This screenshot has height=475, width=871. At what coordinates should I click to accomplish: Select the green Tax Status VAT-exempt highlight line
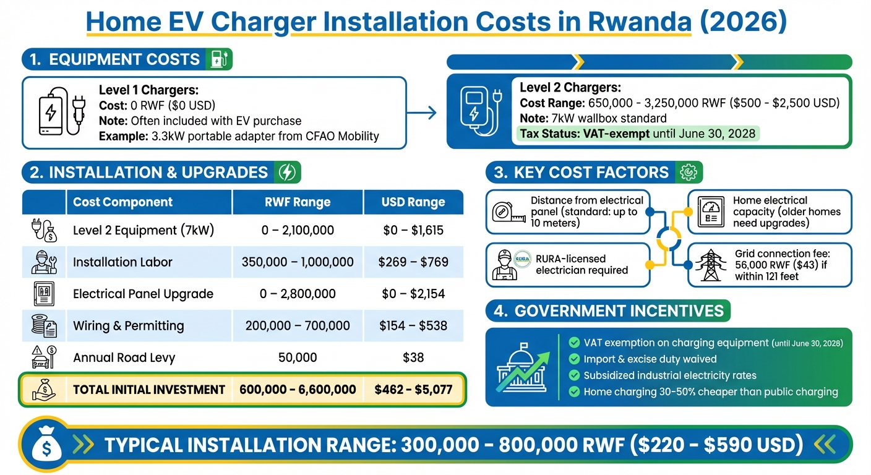[x=637, y=134]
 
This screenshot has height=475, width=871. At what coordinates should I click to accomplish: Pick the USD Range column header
[x=413, y=202]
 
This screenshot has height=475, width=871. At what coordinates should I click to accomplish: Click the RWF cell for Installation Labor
[x=298, y=262]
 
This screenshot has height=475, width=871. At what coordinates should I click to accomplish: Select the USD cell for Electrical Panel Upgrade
[x=413, y=294]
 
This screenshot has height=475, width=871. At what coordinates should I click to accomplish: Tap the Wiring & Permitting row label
[x=128, y=325]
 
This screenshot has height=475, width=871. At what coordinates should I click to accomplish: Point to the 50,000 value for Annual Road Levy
[x=298, y=357]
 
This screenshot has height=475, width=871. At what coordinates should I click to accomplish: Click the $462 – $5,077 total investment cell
[x=413, y=390]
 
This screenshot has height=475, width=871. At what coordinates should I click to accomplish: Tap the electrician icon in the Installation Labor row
[x=43, y=262]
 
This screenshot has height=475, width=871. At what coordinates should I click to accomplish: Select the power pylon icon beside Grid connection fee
[x=711, y=265]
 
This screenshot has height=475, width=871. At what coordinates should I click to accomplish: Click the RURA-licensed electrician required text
[x=581, y=264]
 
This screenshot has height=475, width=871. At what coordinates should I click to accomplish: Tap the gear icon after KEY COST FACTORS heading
[x=688, y=173]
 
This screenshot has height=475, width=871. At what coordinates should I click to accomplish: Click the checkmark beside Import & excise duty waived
[x=573, y=359]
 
